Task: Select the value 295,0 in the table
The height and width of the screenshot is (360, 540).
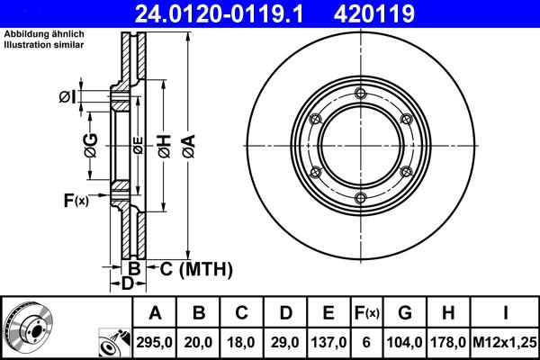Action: (156, 342)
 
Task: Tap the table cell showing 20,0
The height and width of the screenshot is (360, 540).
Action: (199, 342)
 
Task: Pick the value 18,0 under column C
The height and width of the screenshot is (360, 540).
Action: (242, 342)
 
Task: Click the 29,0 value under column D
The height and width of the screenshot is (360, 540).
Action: (285, 342)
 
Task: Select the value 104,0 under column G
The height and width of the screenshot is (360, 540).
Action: (406, 342)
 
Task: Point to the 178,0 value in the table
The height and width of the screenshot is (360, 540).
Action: (449, 342)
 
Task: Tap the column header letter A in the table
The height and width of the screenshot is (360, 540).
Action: (156, 313)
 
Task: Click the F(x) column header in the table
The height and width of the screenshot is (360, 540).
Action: (368, 313)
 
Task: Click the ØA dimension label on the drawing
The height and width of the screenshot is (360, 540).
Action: (187, 145)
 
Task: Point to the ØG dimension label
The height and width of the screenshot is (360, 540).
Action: (91, 144)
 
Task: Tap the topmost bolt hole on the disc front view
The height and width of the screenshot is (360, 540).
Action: (360, 94)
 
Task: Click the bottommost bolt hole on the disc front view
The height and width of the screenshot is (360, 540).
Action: (360, 198)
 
